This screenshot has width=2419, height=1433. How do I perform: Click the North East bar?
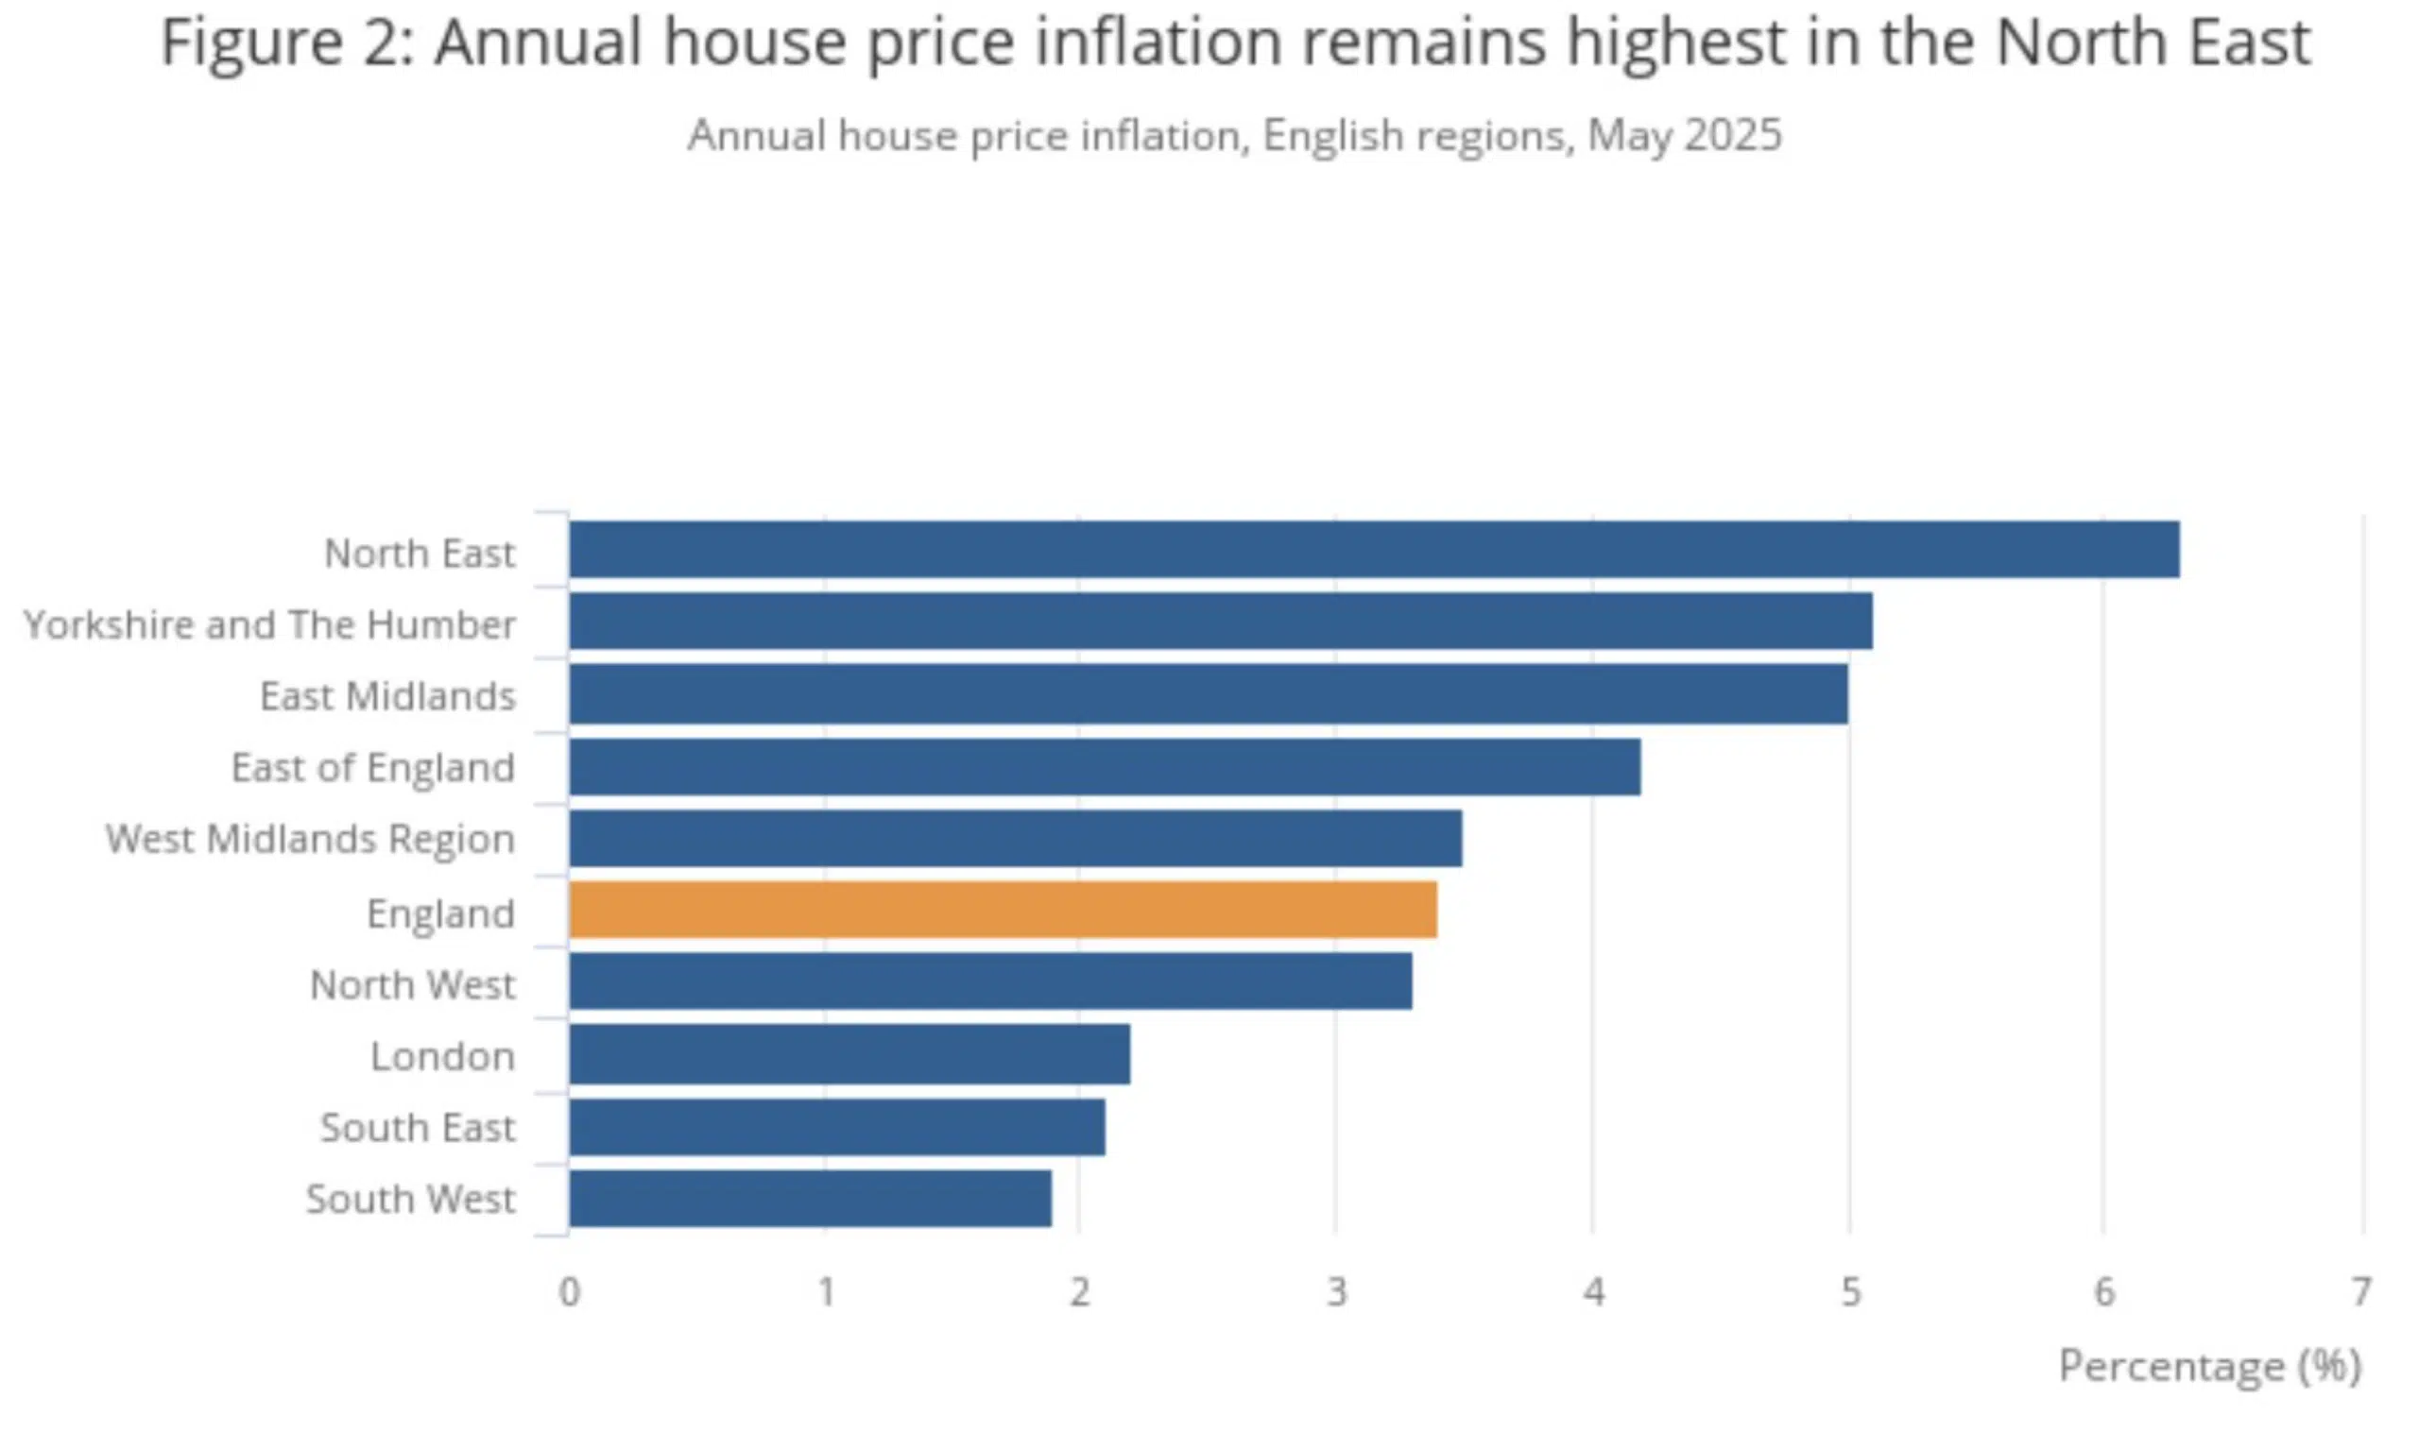1373,550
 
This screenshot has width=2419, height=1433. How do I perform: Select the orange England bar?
1003,910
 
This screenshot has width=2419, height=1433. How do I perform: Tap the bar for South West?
809,1199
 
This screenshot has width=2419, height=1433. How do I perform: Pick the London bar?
849,1054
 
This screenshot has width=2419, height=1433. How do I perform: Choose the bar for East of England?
1104,767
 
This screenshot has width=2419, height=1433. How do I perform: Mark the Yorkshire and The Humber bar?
1220,621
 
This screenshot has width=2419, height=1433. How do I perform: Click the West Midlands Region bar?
1015,838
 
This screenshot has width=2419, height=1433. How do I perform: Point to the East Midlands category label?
387,696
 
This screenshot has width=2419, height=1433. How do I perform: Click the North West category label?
412,985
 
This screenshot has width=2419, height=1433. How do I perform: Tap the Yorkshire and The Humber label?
269,624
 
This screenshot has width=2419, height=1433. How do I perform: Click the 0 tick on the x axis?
570,1292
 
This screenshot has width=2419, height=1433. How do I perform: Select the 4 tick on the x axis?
1593,1292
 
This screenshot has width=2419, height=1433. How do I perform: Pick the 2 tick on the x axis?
1080,1292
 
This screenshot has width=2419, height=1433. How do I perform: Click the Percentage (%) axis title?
2209,1366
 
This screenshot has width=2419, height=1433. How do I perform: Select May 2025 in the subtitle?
1684,135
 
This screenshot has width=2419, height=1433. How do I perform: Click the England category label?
440,913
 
